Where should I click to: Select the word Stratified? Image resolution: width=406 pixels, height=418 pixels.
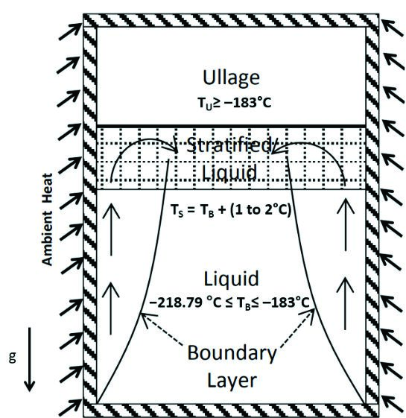click(x=229, y=145)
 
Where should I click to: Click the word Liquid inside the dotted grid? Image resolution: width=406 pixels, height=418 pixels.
click(x=229, y=172)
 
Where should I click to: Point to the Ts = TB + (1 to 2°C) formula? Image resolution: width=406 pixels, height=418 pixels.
click(x=230, y=210)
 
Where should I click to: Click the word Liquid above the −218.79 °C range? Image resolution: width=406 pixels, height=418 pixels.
click(x=231, y=279)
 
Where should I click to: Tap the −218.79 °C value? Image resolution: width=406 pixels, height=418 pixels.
click(x=185, y=303)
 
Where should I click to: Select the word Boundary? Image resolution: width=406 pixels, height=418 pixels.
click(x=232, y=353)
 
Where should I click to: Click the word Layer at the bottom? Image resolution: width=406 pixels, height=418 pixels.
click(x=232, y=381)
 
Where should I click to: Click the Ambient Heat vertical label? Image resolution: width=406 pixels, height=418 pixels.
click(x=48, y=219)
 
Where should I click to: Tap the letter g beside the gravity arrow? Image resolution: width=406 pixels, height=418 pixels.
click(x=12, y=358)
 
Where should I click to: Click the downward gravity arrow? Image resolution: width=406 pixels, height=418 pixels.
click(x=29, y=359)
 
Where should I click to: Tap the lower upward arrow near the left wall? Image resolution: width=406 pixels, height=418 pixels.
click(x=111, y=308)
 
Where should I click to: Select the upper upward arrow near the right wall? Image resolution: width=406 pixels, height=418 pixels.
click(x=346, y=224)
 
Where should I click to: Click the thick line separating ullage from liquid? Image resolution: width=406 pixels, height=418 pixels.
click(x=231, y=125)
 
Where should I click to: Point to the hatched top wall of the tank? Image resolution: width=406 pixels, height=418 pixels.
click(x=231, y=20)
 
